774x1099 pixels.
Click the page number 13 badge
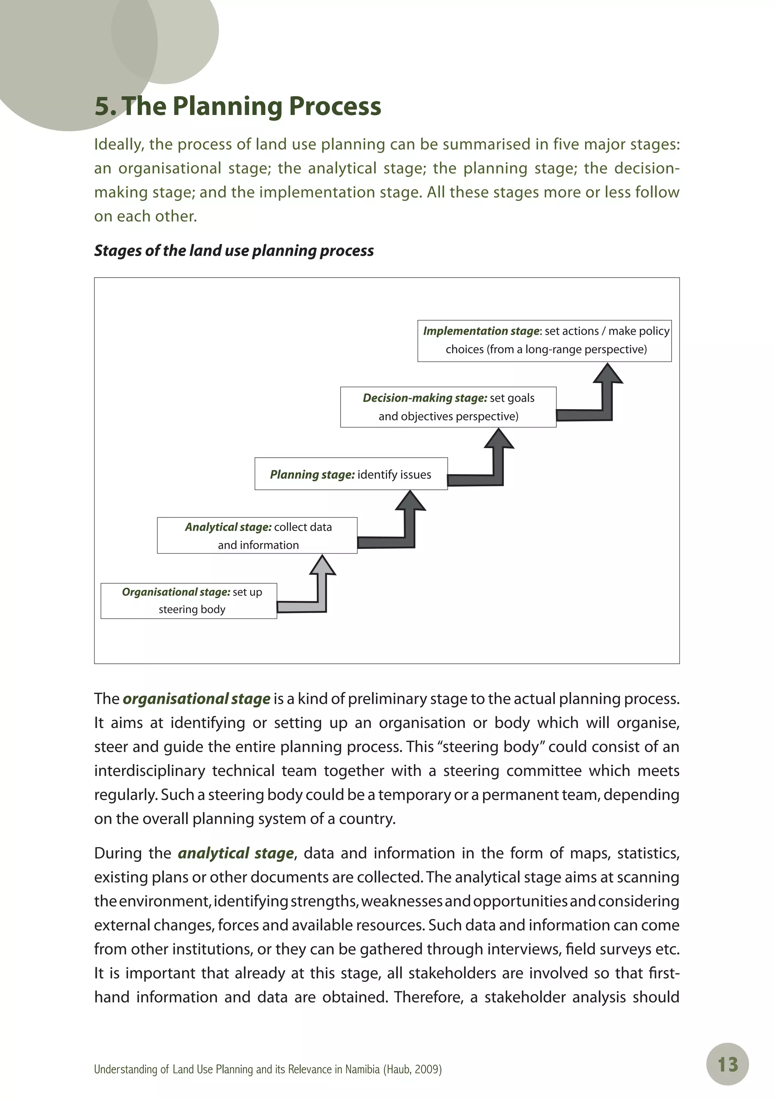coord(727,1065)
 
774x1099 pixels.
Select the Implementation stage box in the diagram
coord(544,340)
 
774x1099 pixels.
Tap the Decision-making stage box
coord(448,407)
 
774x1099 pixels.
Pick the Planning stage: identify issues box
coord(351,474)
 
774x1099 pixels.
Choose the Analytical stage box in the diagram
coord(257,536)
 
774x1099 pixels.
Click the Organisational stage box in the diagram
coord(189,601)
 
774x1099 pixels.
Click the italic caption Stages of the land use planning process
coord(234,250)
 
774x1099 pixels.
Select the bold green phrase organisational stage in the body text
coord(197,699)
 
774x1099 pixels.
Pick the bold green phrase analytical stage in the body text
coord(236,853)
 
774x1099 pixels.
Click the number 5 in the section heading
coord(102,106)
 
